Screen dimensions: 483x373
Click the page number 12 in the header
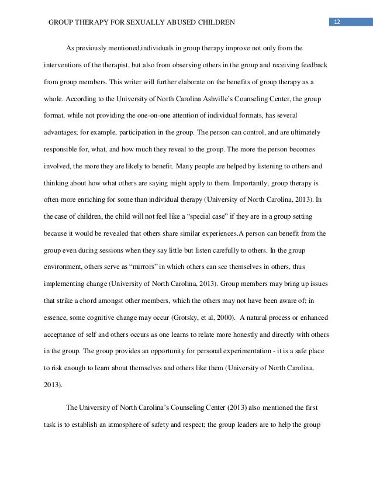pos(337,23)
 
